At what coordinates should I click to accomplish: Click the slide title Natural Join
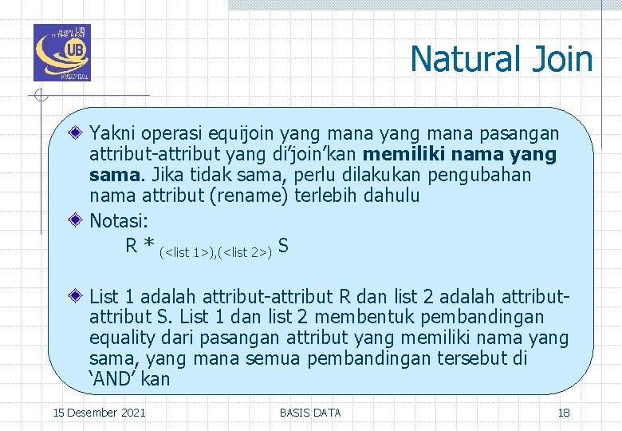502,60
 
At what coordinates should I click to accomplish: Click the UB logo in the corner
62,53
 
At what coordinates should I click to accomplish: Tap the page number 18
563,413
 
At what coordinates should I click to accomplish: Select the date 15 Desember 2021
99,413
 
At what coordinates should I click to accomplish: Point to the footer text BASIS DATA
310,413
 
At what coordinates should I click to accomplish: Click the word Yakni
112,132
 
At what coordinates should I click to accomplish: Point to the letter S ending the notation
283,247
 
